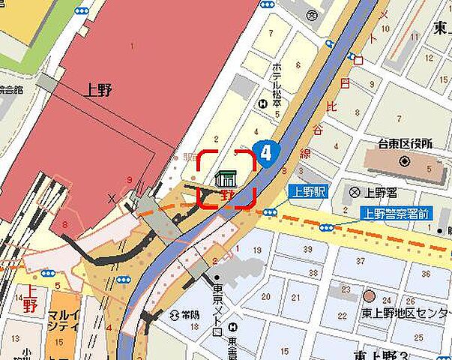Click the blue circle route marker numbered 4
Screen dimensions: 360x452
(x=266, y=152)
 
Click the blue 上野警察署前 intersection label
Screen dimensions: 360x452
(x=397, y=213)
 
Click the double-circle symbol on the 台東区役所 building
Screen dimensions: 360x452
(x=404, y=161)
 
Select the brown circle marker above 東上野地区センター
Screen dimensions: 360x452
(x=369, y=295)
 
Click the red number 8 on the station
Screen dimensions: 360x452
(x=64, y=224)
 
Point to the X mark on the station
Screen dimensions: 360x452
(x=112, y=198)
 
